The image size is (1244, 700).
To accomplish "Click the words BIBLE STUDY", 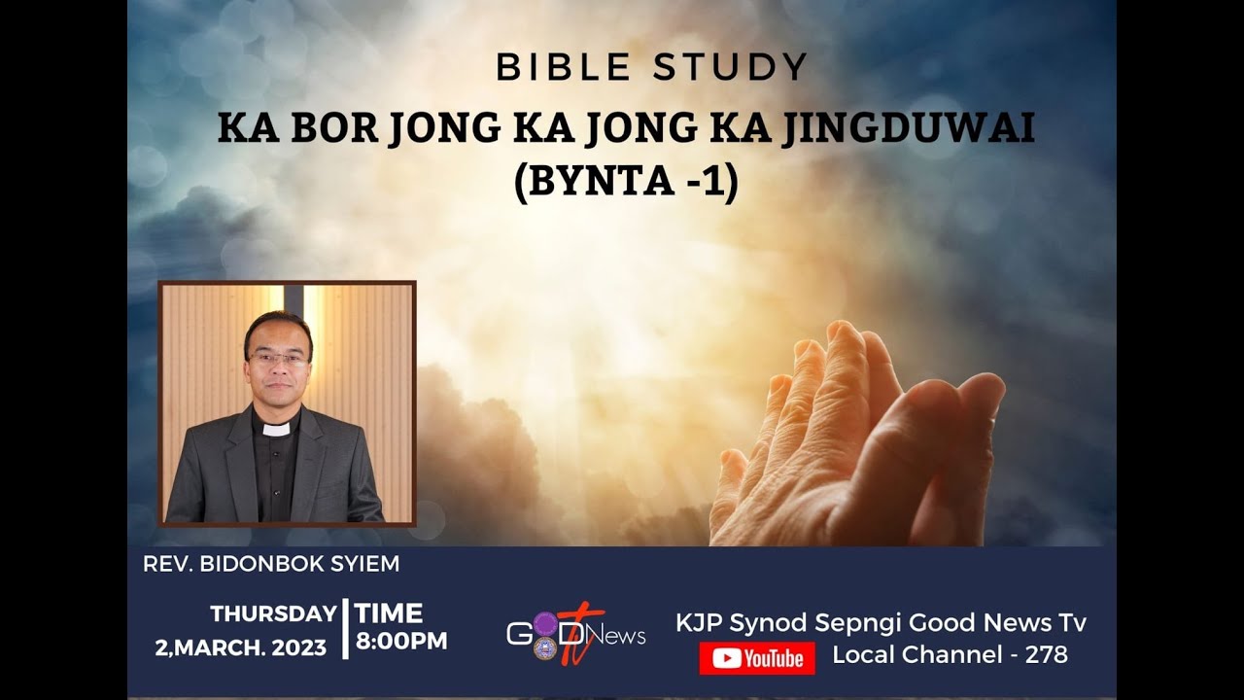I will (651, 67).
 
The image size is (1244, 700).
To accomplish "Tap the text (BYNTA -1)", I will (626, 181).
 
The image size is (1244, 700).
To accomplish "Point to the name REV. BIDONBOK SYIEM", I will (271, 564).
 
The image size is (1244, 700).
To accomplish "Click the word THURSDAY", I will (273, 614).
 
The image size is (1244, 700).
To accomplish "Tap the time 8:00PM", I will (400, 642).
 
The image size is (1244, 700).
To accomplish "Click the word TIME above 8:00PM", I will (389, 613).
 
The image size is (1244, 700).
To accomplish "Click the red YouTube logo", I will (757, 658).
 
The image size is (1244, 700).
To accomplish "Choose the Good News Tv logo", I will (575, 634).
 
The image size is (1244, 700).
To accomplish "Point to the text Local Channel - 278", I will (950, 655).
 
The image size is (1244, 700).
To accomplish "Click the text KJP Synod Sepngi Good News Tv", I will (881, 623).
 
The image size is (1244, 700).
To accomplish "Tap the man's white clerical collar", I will (277, 429).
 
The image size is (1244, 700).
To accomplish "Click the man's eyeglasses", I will (278, 359).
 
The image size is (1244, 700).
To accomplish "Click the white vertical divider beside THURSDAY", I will (345, 629).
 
